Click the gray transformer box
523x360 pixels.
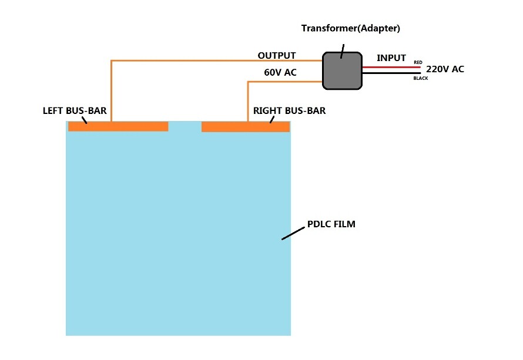[342, 70]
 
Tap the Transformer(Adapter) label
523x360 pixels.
[351, 28]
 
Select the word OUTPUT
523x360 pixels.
[277, 55]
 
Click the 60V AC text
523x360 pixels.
[280, 72]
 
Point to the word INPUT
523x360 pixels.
[391, 58]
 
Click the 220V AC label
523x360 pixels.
[445, 69]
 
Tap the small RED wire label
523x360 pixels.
[418, 62]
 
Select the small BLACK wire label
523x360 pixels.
[421, 78]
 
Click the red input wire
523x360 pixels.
[391, 67]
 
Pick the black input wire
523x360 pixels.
[391, 73]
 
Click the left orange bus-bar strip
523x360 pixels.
[118, 126]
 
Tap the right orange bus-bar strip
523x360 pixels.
[246, 127]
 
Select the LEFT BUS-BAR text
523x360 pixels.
[75, 110]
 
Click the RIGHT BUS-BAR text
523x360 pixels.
[289, 110]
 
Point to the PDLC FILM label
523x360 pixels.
[331, 224]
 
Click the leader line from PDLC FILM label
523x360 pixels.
[293, 233]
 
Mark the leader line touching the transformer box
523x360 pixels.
[342, 51]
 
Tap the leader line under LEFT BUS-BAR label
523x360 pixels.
[84, 120]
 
